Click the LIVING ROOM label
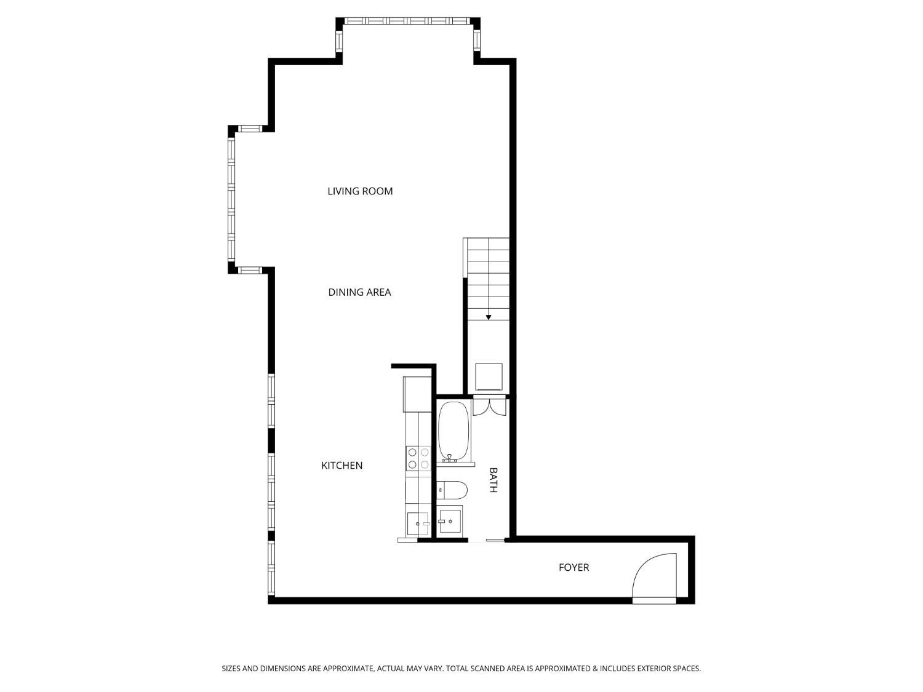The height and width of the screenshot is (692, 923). click(360, 191)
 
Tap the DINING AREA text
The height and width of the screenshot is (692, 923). click(359, 292)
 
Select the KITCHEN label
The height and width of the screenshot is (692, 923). click(342, 466)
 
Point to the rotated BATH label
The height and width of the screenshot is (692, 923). click(493, 480)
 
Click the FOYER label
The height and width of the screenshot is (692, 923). click(573, 567)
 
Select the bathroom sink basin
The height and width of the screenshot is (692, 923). click(451, 522)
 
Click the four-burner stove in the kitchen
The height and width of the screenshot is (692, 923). click(418, 458)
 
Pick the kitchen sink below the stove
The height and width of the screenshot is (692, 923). click(417, 523)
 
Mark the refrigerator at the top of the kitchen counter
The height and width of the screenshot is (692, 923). click(417, 394)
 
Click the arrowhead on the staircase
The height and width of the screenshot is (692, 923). click(489, 317)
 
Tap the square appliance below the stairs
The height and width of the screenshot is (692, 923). click(489, 376)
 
